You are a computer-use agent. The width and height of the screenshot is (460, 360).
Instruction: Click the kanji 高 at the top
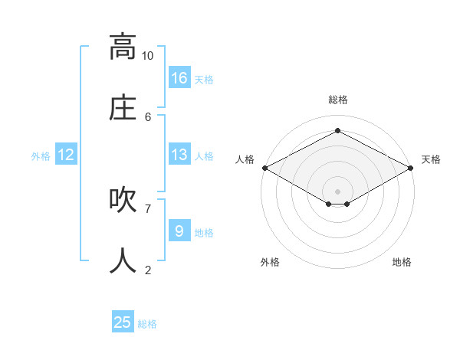click(123, 47)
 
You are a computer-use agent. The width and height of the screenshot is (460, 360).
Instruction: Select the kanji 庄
click(123, 108)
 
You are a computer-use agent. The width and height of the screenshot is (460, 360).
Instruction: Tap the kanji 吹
click(123, 200)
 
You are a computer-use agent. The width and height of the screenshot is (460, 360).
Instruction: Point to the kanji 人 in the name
click(123, 261)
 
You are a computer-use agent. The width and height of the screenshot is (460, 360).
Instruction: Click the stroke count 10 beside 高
click(147, 55)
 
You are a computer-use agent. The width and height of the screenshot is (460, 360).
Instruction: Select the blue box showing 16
click(179, 78)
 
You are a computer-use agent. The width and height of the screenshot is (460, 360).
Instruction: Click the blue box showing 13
click(179, 155)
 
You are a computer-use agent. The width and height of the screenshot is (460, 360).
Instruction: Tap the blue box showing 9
click(179, 231)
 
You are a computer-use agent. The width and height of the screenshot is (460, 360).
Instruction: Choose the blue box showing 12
click(66, 155)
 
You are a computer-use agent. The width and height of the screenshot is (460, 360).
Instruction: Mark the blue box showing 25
click(123, 322)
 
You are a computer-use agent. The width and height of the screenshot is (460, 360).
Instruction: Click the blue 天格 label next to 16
click(204, 80)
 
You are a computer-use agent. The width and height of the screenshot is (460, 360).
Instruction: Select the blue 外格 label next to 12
click(41, 156)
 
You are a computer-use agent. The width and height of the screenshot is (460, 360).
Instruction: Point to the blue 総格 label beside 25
click(147, 324)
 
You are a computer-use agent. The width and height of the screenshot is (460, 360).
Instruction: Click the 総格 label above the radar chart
click(337, 100)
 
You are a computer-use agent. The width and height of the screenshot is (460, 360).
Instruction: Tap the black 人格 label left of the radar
click(245, 159)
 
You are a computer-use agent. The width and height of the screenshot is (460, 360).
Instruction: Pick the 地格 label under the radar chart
click(402, 262)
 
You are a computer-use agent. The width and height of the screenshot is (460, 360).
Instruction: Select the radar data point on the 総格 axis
click(337, 131)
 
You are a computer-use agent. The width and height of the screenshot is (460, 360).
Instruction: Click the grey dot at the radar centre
click(337, 191)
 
